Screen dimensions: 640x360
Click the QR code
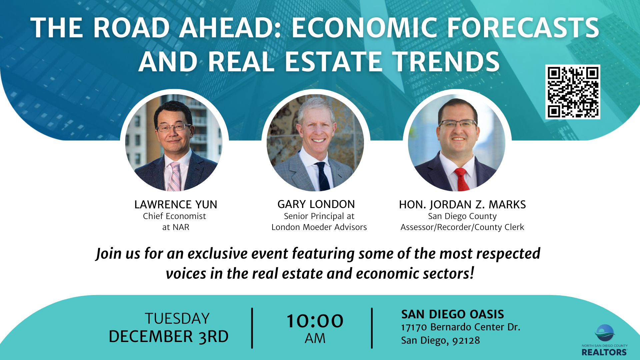pos(573,92)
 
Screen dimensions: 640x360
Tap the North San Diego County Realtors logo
pos(604,340)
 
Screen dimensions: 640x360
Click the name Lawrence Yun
pos(176,204)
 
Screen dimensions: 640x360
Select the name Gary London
pos(316,204)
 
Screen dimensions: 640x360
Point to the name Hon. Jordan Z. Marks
pos(462,204)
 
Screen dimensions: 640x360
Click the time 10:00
pos(315,321)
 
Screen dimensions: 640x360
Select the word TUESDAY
pos(177,319)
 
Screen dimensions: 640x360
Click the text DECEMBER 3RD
pos(169,337)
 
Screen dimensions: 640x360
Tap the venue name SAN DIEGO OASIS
pos(452,314)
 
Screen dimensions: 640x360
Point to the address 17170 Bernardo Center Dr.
pos(460,327)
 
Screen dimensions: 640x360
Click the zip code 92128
pos(466,340)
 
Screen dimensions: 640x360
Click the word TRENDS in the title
pos(446,62)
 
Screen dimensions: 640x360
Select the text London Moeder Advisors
pos(319,227)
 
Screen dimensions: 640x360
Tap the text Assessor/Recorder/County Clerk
pos(462,227)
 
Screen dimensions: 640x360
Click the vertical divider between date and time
pos(252,328)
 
